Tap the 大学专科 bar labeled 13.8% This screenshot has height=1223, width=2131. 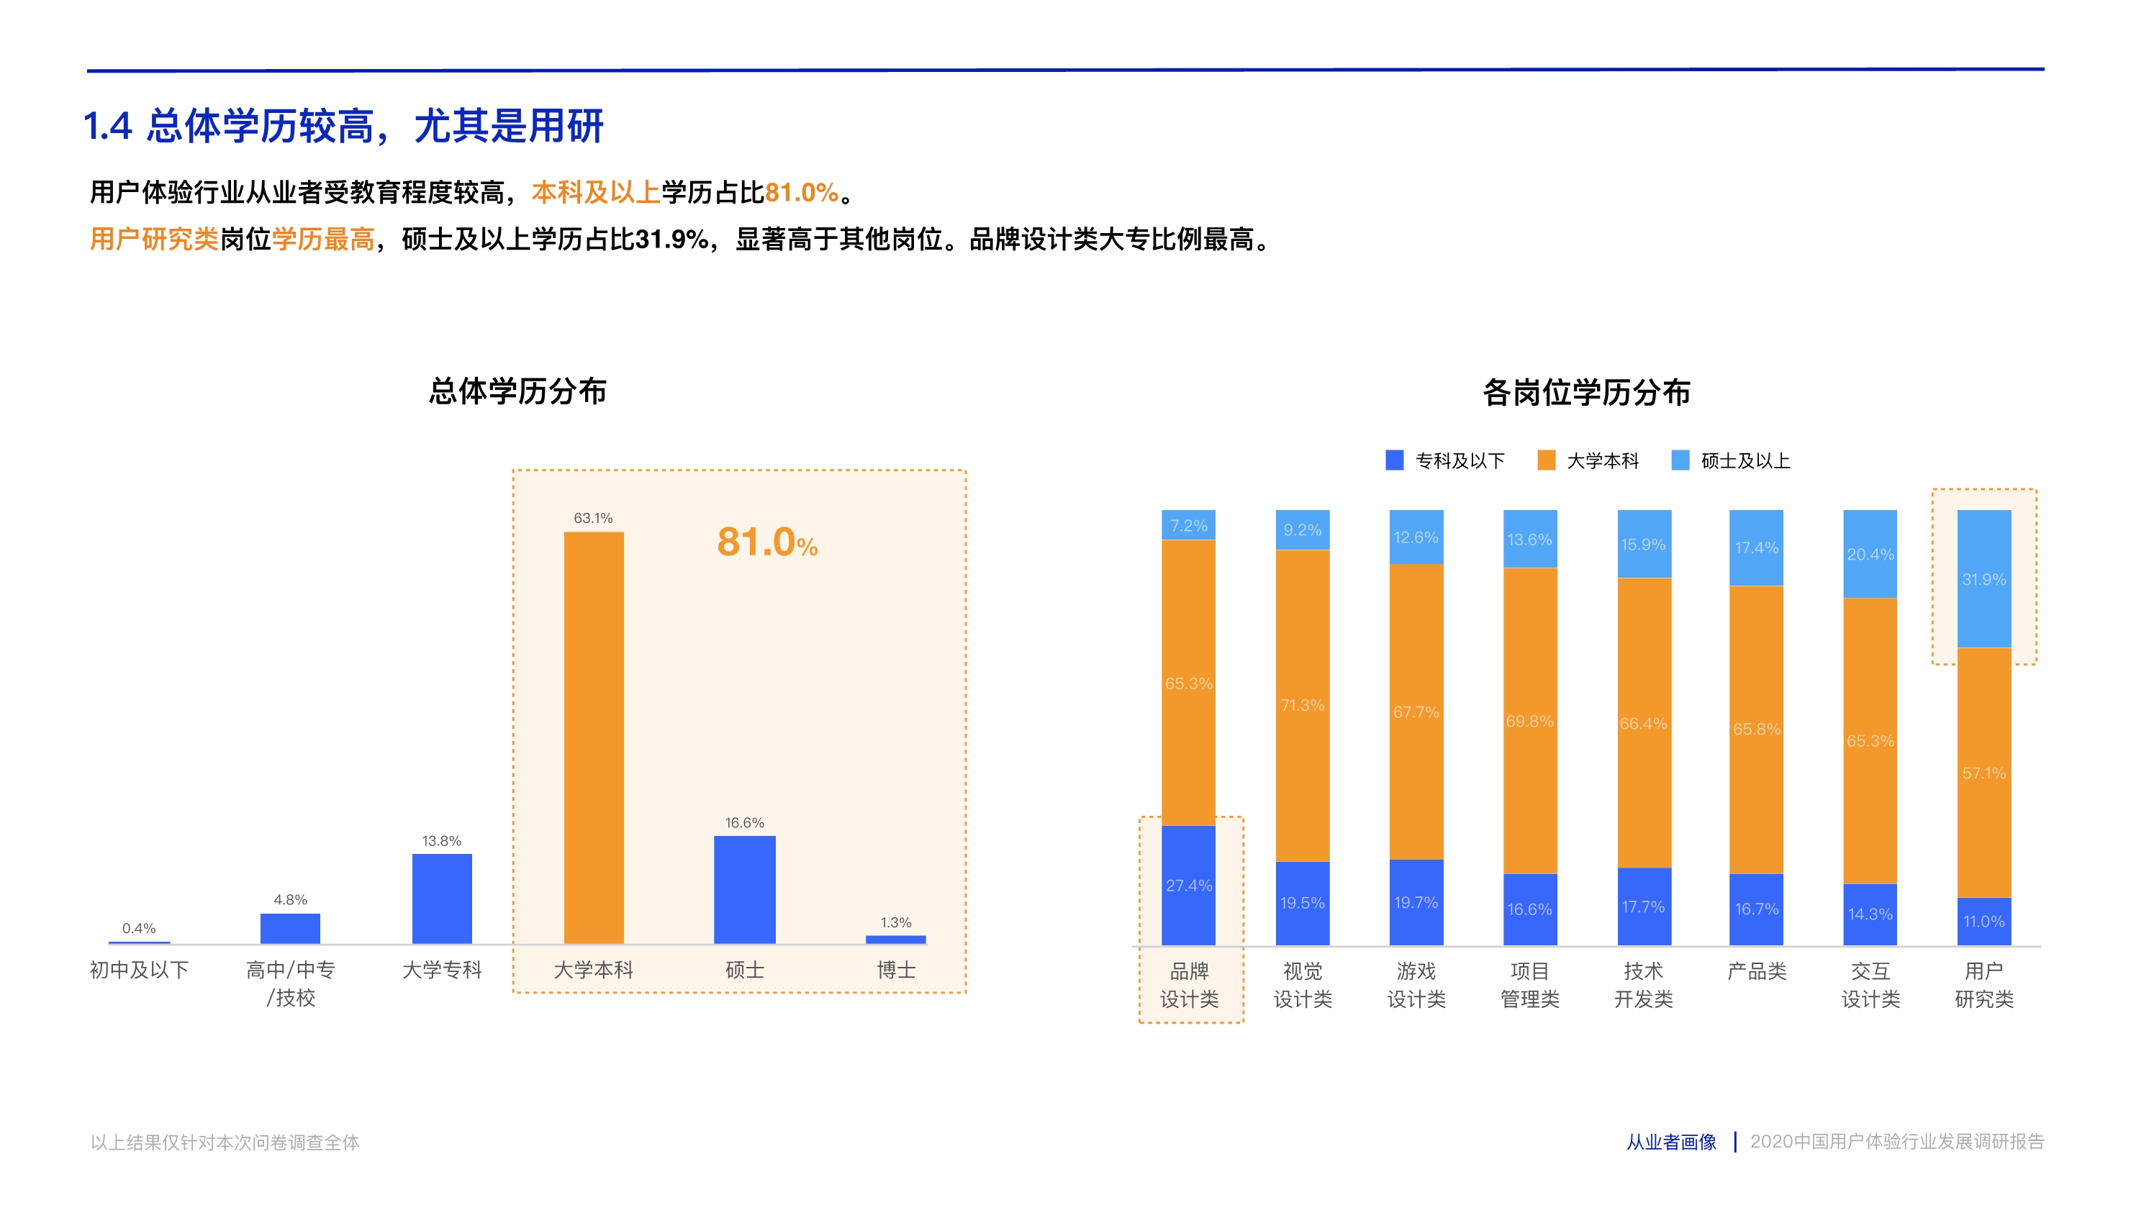(442, 898)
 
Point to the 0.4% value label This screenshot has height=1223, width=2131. (139, 928)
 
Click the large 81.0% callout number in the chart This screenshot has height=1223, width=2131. (766, 542)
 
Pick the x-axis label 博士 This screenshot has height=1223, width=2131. (896, 970)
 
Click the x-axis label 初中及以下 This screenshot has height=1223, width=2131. (139, 970)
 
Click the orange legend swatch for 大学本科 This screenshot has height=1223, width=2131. (1545, 460)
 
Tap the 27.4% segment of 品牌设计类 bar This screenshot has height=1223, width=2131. (1188, 886)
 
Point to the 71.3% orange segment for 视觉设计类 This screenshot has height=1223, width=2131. (1302, 706)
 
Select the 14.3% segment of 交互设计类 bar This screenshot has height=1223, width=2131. (1870, 914)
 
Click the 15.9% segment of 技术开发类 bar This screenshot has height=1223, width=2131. (1643, 545)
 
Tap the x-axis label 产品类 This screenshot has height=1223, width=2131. (1756, 971)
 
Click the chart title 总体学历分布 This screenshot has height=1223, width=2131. (517, 391)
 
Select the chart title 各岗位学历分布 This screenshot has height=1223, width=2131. (1585, 392)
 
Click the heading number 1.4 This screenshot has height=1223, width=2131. (107, 127)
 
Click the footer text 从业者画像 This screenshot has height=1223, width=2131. (1670, 1142)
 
